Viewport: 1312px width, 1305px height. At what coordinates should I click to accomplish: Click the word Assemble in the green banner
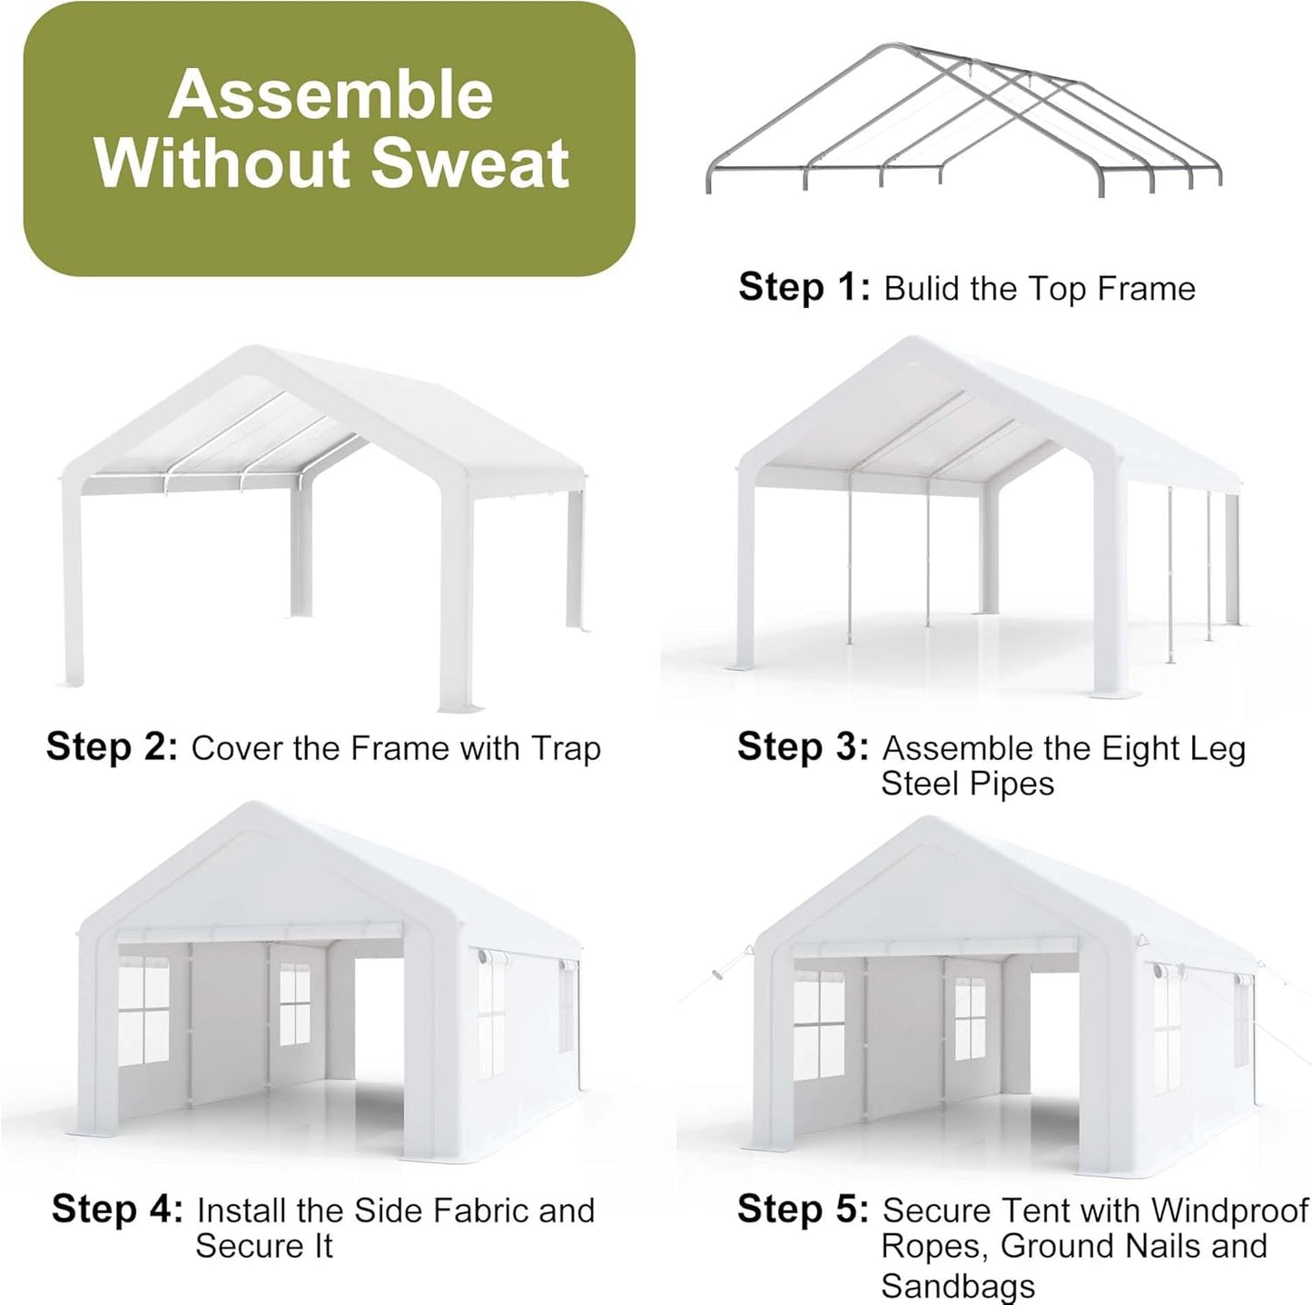330,94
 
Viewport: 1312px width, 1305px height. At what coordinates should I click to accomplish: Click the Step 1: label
804,287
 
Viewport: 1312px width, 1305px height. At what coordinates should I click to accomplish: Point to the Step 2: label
112,746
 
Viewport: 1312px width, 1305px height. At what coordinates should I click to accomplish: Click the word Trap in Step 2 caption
567,748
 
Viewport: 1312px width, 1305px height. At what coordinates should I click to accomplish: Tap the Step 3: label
803,746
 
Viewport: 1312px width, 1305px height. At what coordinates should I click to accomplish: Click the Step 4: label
117,1210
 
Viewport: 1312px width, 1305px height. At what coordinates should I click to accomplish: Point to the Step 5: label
803,1210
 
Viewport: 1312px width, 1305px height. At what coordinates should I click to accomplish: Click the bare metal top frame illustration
962,118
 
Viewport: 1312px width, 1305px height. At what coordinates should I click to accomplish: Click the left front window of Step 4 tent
143,1012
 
